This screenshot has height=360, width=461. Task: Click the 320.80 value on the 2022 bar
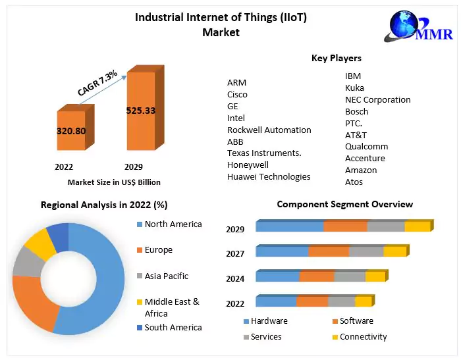71,131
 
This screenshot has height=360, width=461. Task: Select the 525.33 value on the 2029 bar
140,111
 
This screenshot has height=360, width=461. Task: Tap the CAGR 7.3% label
97,84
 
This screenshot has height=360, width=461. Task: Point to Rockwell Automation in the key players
269,130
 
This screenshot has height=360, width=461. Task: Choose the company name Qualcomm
366,146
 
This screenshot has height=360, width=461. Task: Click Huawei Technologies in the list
268,176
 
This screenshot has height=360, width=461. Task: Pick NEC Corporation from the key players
377,99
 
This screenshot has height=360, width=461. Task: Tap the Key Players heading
336,59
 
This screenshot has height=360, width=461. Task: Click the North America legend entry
173,224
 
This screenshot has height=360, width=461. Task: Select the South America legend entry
173,327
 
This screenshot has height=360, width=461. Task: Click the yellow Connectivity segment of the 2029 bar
417,227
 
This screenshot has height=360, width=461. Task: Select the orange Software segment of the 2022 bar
312,301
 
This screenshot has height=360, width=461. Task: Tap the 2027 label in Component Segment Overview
235,253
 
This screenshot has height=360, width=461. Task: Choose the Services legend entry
265,337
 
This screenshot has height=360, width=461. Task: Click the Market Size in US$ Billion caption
114,182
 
